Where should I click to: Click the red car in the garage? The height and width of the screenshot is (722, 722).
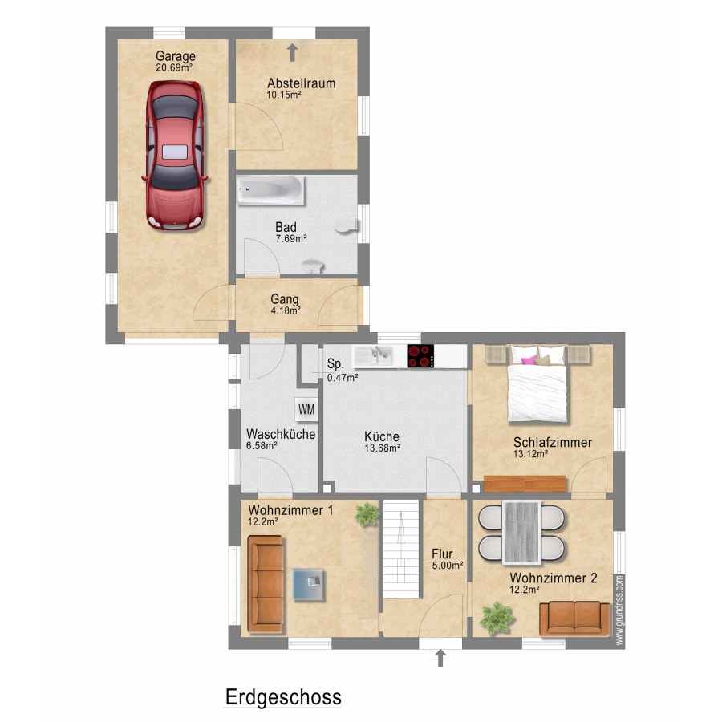tap(175, 155)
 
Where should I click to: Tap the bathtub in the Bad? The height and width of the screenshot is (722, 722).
tap(270, 190)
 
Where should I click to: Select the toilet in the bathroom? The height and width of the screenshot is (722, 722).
tap(346, 225)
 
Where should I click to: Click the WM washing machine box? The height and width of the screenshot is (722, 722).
tap(306, 409)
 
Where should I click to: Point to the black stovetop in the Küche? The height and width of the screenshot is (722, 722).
tap(420, 355)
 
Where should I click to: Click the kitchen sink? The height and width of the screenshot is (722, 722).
tap(373, 355)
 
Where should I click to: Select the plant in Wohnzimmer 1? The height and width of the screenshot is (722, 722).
tap(367, 514)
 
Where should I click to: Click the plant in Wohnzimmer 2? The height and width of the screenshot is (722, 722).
tap(497, 618)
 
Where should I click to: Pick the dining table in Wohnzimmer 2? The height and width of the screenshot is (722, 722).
tap(521, 533)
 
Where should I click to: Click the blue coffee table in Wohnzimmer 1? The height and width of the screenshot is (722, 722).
tap(309, 584)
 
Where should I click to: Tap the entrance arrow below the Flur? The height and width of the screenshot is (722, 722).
tap(440, 659)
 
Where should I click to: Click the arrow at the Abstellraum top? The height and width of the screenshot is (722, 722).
tap(292, 52)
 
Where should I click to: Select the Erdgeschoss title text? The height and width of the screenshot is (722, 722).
tap(283, 697)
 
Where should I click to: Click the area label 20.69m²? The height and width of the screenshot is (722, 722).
tap(174, 67)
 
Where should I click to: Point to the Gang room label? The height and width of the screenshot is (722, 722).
tap(285, 300)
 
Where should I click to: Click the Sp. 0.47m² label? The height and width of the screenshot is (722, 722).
tap(343, 371)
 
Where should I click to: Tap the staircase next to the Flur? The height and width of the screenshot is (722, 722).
tap(402, 549)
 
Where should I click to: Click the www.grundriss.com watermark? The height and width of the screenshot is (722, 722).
tap(619, 610)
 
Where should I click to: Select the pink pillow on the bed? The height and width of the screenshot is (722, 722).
tap(528, 359)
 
